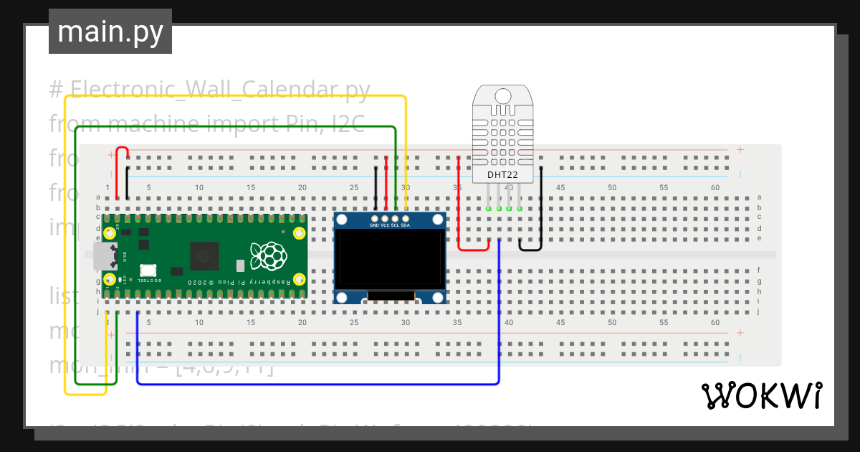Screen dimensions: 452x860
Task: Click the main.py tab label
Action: (110, 32)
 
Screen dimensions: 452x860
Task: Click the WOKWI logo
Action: (761, 395)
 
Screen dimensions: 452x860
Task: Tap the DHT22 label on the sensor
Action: (502, 174)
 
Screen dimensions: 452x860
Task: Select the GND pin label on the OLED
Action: (374, 225)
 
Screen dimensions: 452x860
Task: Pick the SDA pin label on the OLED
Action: (406, 225)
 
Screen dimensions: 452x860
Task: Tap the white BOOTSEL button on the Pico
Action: (148, 270)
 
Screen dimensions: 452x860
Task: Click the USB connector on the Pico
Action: (102, 256)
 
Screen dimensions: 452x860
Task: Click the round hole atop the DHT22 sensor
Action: (502, 95)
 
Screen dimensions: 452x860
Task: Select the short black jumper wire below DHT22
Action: (530, 247)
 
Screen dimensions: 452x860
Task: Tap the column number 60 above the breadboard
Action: (715, 188)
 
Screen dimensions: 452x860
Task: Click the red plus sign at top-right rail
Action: (740, 150)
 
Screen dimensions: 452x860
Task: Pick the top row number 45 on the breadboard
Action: (560, 188)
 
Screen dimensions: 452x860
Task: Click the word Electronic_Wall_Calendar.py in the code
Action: (220, 90)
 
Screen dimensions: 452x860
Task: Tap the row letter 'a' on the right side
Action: (759, 197)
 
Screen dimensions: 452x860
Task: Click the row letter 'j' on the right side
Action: (759, 312)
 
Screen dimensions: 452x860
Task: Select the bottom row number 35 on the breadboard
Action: (457, 323)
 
